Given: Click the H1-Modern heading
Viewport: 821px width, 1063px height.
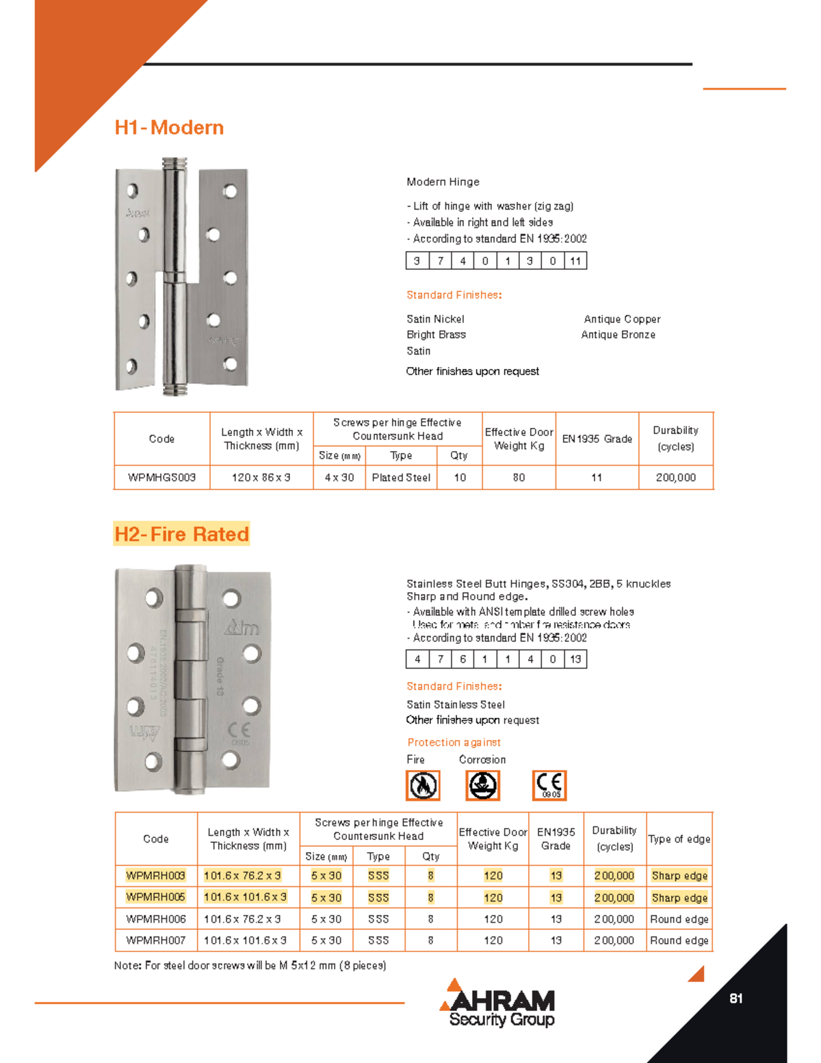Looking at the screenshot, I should pyautogui.click(x=169, y=127).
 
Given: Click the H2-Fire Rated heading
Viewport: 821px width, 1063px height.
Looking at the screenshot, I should pyautogui.click(x=181, y=534).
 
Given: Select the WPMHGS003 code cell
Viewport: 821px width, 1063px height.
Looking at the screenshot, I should pyautogui.click(x=162, y=478).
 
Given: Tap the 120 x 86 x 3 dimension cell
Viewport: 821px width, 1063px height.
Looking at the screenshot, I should pyautogui.click(x=261, y=478).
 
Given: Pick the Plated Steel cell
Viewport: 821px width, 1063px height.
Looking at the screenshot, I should pyautogui.click(x=401, y=478).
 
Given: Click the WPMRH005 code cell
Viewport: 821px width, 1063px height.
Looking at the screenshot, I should pyautogui.click(x=155, y=897).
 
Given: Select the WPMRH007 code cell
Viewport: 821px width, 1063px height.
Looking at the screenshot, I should pyautogui.click(x=155, y=940).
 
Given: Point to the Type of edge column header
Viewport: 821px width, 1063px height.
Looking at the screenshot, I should pyautogui.click(x=679, y=839).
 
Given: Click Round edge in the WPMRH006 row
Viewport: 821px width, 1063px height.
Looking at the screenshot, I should pyautogui.click(x=679, y=919).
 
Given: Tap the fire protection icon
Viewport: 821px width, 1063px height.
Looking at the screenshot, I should pyautogui.click(x=423, y=785).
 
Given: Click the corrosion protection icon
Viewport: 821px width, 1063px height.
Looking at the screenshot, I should pyautogui.click(x=483, y=785).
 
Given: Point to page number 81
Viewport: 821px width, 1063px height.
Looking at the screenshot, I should pyautogui.click(x=736, y=999).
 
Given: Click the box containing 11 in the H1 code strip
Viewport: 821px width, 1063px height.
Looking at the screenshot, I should pyautogui.click(x=575, y=261).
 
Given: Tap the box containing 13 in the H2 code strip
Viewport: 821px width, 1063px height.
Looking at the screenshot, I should pyautogui.click(x=575, y=659).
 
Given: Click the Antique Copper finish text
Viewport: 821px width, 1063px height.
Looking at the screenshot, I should pyautogui.click(x=622, y=319).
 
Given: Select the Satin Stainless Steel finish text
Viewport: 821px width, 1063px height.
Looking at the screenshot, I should pyautogui.click(x=456, y=704).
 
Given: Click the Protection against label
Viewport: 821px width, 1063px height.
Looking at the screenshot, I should pyautogui.click(x=454, y=742).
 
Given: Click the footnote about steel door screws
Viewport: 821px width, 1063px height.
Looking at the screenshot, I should pyautogui.click(x=250, y=966).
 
